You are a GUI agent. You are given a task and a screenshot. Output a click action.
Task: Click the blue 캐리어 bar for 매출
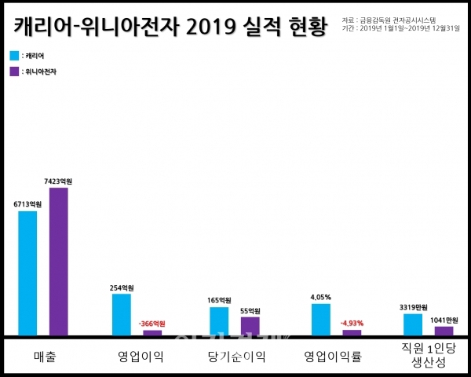click(27, 273)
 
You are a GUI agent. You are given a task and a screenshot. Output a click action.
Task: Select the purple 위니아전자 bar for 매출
click(59, 262)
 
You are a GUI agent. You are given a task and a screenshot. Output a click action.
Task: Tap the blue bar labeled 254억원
click(122, 315)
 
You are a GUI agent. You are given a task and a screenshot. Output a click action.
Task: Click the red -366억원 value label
click(152, 324)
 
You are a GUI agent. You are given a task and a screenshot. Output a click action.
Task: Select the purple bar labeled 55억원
click(250, 326)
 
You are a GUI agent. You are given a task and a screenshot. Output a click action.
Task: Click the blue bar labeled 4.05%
click(320, 320)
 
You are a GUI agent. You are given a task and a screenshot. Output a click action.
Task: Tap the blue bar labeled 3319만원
click(413, 324)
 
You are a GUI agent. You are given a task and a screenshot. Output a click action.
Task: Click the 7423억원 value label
click(59, 181)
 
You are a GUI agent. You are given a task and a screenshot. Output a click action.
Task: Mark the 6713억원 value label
click(27, 205)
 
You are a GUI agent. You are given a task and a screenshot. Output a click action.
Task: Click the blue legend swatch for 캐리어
click(15, 56)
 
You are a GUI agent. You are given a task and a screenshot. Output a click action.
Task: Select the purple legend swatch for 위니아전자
click(15, 71)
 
